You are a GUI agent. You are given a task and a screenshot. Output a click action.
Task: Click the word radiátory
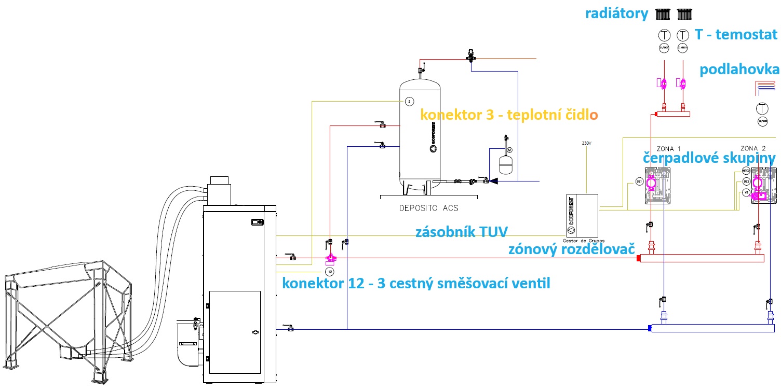(x=617, y=15)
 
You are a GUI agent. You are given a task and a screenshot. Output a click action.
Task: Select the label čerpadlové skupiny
(x=710, y=158)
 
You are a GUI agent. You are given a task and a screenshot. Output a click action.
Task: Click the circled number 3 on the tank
(x=409, y=101)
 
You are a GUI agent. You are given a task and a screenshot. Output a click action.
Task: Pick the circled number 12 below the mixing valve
(x=329, y=271)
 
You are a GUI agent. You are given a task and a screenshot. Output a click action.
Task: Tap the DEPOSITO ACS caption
(x=429, y=208)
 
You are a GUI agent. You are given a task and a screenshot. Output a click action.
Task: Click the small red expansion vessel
(x=506, y=163)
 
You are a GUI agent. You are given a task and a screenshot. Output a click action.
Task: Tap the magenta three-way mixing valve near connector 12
(x=330, y=258)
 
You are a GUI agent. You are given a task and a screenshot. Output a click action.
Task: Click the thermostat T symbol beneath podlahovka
(x=762, y=109)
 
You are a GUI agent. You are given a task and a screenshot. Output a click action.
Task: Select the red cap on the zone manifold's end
(x=638, y=258)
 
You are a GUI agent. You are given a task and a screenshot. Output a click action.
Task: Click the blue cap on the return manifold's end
(x=650, y=328)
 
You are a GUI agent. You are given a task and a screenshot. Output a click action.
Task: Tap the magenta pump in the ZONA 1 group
(x=652, y=183)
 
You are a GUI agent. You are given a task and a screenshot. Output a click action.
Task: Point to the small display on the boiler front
(x=256, y=222)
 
